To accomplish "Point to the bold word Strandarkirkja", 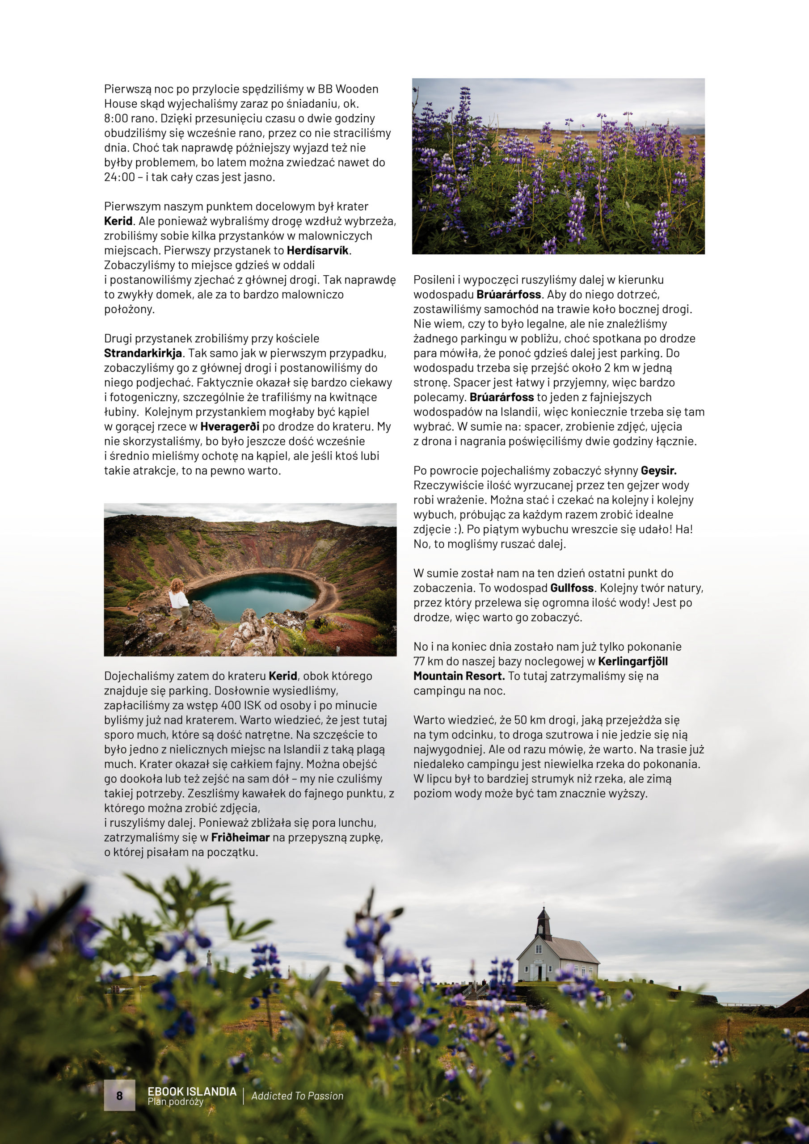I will [143, 353].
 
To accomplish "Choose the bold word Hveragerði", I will [230, 426].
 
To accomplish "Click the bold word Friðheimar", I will [240, 837].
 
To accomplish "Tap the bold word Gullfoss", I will [572, 588].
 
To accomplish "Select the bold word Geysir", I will [658, 471].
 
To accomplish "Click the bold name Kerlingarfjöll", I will [632, 662].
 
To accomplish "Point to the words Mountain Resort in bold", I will [459, 676].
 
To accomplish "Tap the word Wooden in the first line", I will [357, 89].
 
